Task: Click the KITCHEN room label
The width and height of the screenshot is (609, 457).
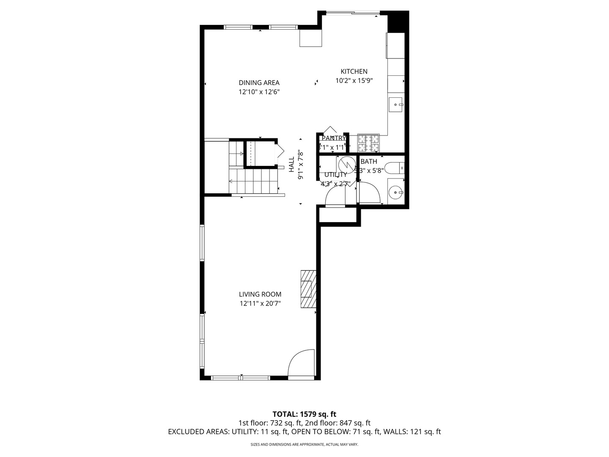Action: (x=354, y=72)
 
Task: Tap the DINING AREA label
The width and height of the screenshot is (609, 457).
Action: (x=259, y=83)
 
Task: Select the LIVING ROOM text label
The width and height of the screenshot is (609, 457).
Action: (x=260, y=295)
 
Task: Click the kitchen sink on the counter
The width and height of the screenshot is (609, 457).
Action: (x=396, y=104)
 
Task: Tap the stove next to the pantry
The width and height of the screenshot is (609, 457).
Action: (x=369, y=143)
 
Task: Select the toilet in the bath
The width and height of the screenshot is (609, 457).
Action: (x=396, y=168)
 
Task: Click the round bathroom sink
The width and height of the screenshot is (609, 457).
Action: (x=396, y=193)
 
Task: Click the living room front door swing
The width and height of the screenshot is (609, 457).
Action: (x=302, y=363)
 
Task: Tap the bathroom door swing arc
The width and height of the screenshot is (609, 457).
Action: (x=369, y=193)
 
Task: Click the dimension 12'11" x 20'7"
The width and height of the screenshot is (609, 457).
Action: (x=260, y=303)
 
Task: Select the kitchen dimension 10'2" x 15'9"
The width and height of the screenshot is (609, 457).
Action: (x=354, y=80)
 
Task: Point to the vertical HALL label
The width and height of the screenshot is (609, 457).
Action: (x=291, y=165)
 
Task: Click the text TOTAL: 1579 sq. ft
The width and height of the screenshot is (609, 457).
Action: (x=304, y=414)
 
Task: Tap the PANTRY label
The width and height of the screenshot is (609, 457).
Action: (x=334, y=138)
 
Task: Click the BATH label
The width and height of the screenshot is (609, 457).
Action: (x=368, y=162)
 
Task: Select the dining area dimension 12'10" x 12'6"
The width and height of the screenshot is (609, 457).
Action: (x=259, y=92)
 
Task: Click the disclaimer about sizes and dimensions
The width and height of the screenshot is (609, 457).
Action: (x=304, y=445)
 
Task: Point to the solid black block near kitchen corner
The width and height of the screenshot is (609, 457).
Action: (x=398, y=22)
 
